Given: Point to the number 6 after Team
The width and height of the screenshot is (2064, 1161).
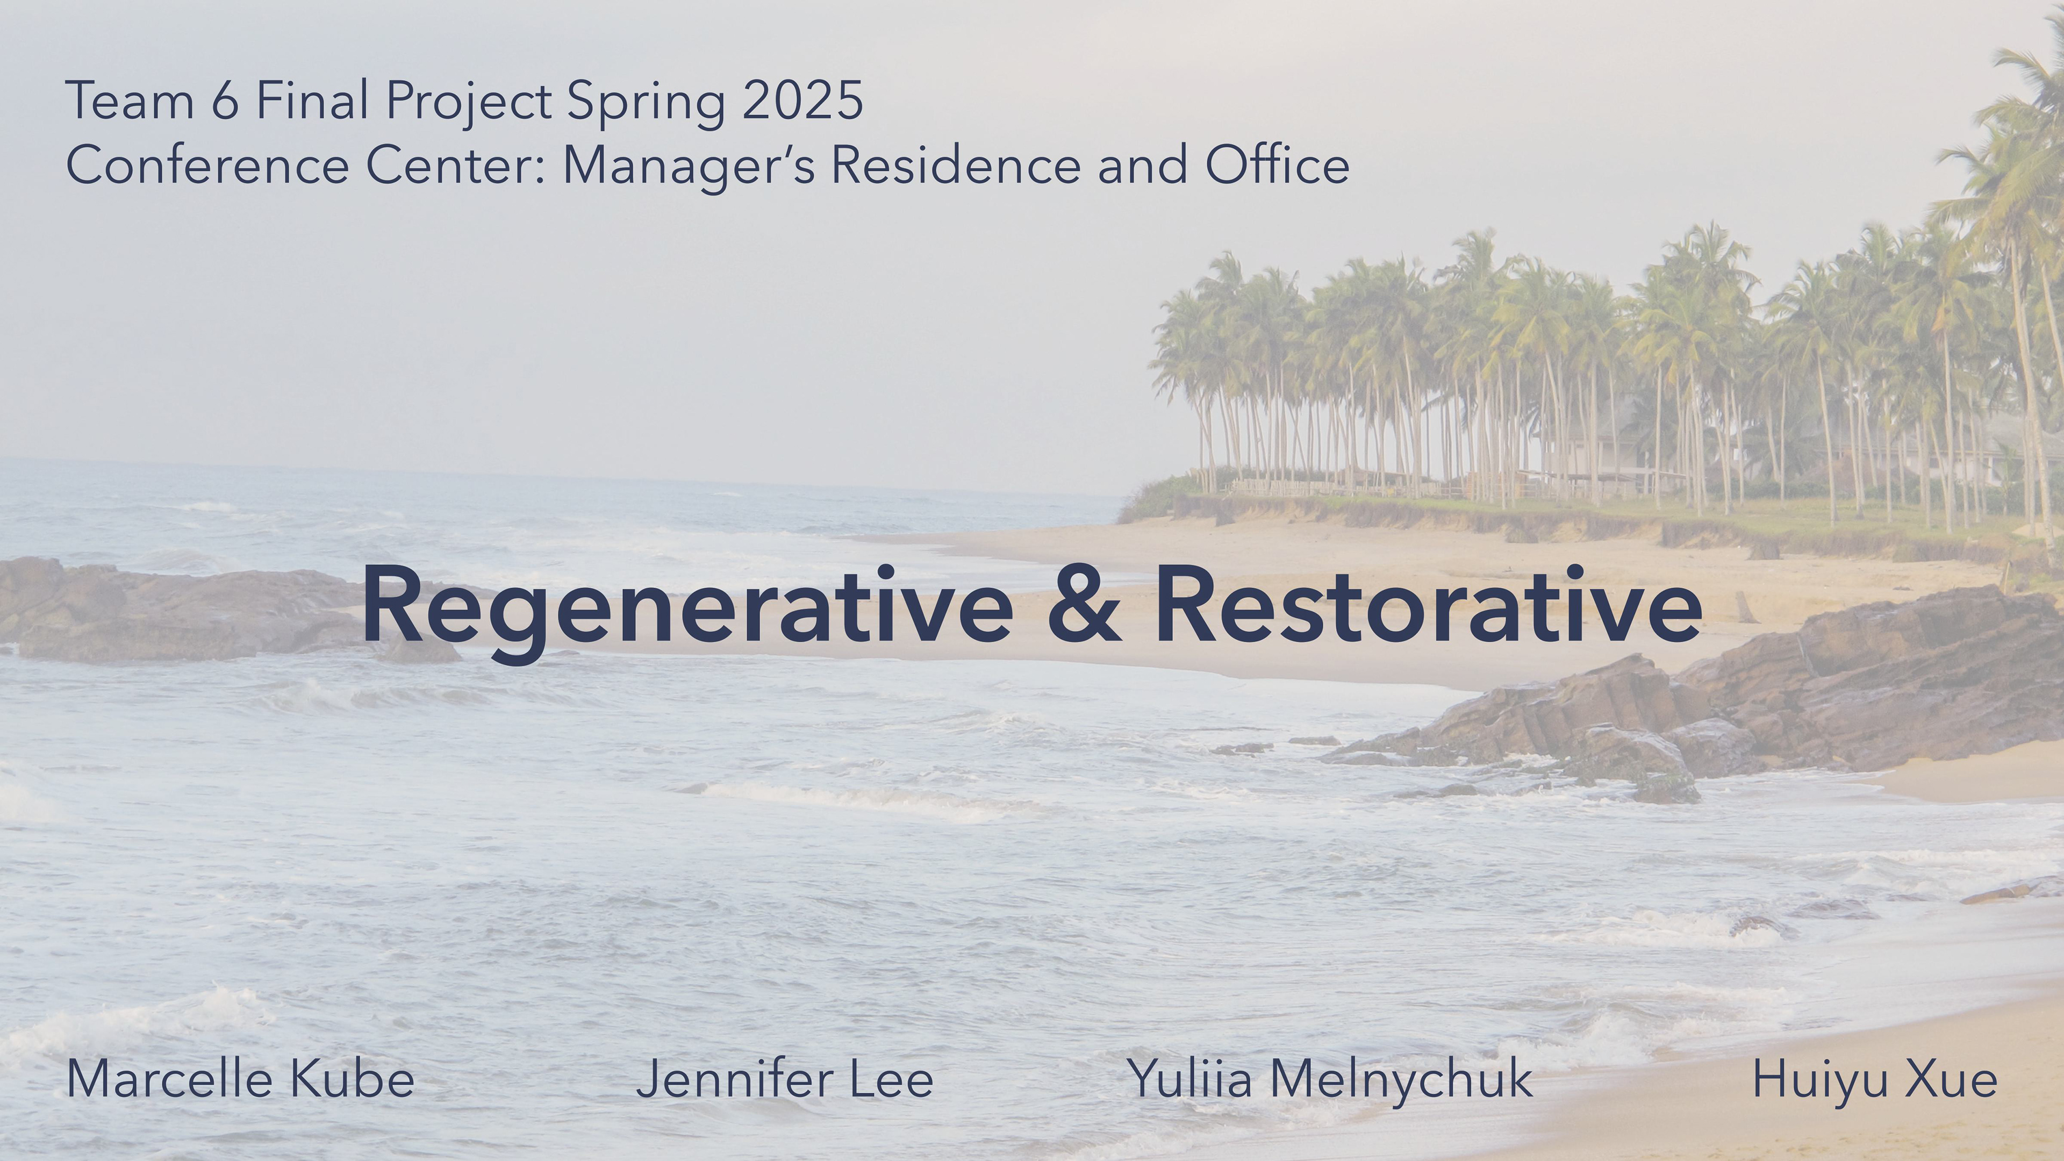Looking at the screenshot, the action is [225, 101].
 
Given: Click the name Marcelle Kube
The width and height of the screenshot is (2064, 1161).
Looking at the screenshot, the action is [240, 1078].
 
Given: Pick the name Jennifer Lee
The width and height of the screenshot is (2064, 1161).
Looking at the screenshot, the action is [784, 1078].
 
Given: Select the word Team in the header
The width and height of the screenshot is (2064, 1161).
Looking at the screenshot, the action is [130, 101].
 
